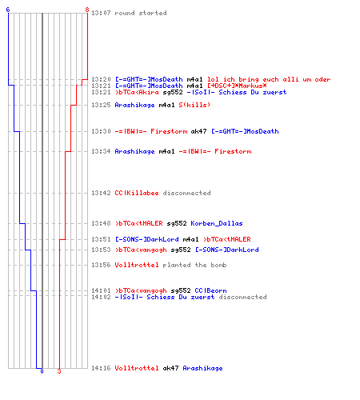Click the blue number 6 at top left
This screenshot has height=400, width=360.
coord(8,10)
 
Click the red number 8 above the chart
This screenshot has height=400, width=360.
coord(87,10)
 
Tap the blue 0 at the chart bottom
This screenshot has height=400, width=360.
coord(42,371)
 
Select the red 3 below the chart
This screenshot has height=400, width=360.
coord(59,371)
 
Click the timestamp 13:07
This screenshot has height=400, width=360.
coord(101,13)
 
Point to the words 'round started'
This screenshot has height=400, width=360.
coord(141,13)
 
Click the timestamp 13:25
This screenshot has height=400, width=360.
coord(101,105)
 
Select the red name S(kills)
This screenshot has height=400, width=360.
coord(194,105)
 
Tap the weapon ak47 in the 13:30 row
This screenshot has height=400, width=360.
coord(198,131)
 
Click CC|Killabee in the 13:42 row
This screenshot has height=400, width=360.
coord(137,193)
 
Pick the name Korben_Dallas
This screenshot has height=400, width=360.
coord(217,223)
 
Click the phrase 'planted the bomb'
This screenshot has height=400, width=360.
coord(194,265)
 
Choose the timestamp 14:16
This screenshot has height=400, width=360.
coord(101,368)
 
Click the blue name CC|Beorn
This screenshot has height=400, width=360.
coord(210,290)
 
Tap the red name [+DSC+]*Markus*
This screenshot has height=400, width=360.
coord(237,86)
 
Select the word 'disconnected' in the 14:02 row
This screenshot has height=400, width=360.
coord(242,297)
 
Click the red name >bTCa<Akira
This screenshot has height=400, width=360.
coord(137,92)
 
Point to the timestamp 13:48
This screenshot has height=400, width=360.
coord(101,223)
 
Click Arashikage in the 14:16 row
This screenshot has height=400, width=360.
coord(202,368)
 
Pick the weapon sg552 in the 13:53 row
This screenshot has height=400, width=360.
coord(181,250)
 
